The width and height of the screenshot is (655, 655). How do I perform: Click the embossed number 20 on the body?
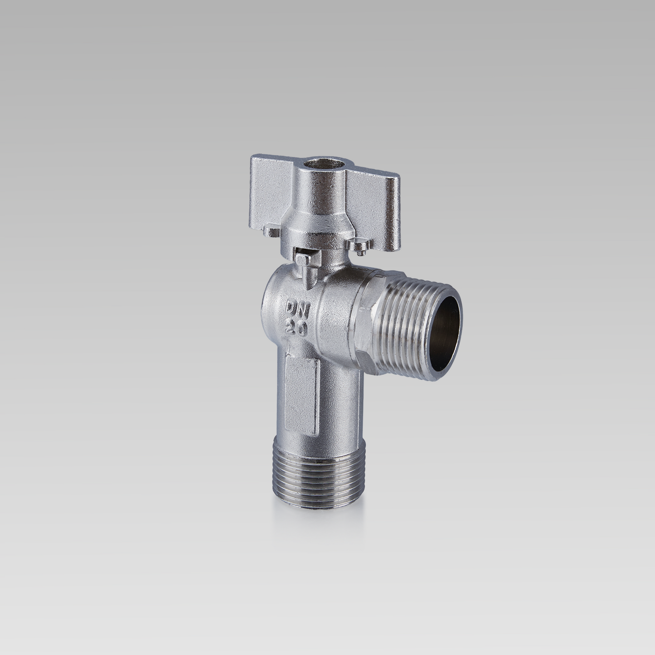click(x=297, y=327)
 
